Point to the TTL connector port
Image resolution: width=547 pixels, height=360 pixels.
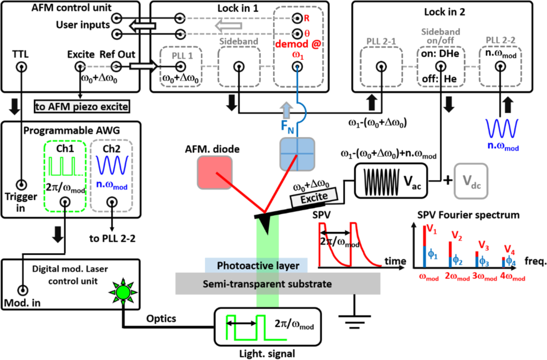coord(22,67)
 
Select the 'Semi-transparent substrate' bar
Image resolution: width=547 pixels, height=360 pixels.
coord(278,283)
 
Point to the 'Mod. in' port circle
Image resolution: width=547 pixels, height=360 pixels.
coord(22,291)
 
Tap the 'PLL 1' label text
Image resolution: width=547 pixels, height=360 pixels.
coord(181,54)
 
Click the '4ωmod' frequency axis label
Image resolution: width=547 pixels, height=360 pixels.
coord(512,278)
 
